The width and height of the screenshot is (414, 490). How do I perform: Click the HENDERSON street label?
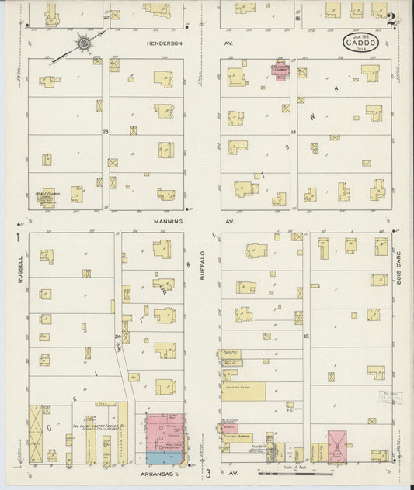tap(164, 43)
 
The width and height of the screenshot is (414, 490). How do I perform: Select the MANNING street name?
tap(167, 221)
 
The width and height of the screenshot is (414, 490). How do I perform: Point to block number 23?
tap(105, 133)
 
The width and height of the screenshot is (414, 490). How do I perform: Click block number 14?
tap(294, 133)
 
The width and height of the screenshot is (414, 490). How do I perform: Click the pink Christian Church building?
tap(279, 71)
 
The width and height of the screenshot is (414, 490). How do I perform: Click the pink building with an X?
tap(336, 444)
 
